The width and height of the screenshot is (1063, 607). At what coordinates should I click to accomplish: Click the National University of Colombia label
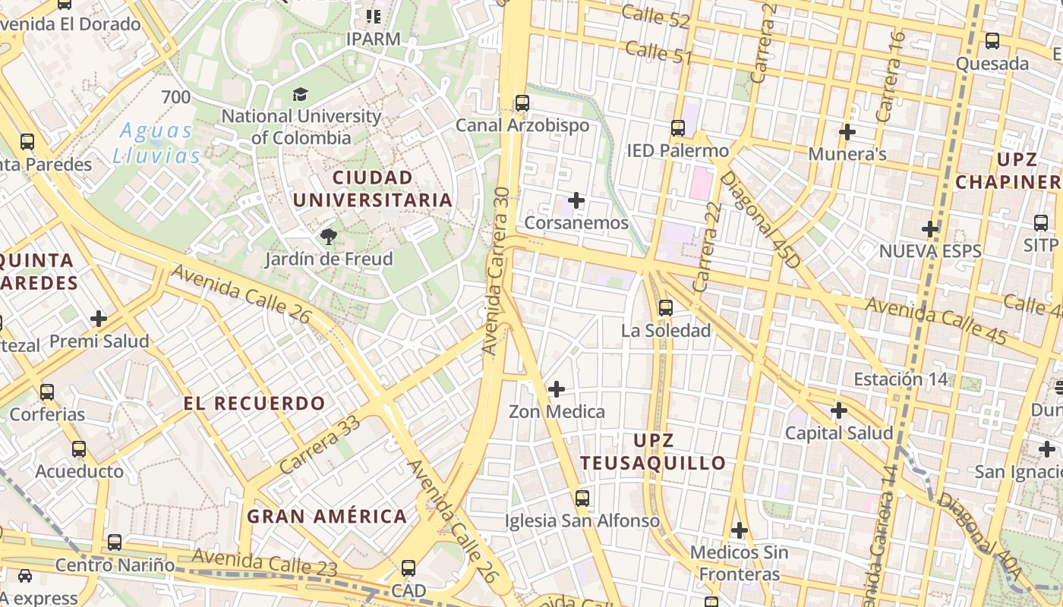pos(301,127)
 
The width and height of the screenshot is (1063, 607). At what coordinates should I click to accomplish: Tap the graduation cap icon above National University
pos(301,95)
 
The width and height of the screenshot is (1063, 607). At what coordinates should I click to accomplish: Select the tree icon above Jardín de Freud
pos(329,237)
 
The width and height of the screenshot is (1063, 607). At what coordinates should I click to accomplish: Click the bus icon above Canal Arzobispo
pos(522,103)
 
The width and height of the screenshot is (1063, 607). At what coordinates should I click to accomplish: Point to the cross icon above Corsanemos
pos(576,200)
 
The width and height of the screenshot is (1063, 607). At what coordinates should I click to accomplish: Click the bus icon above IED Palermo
pos(677,128)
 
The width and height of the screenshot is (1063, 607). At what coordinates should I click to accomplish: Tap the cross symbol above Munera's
pos(847,132)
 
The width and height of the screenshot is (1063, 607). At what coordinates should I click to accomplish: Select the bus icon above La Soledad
pos(666,308)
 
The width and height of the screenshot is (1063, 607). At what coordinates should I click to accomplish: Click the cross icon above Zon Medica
pos(557,389)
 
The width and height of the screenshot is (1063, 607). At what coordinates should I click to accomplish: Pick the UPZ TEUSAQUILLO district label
pos(653,451)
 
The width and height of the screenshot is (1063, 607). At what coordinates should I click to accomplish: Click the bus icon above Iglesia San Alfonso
pos(582,498)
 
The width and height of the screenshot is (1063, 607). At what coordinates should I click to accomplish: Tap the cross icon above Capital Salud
pos(838,411)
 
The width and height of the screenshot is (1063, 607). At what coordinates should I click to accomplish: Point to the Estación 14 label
pos(901,379)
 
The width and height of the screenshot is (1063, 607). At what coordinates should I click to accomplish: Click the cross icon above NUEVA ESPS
pos(930,228)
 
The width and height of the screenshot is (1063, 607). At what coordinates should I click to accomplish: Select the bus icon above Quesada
pos(992,41)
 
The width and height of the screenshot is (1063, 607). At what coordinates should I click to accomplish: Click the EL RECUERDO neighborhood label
pos(254,403)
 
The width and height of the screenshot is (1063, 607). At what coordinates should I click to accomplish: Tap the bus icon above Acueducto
pos(79,449)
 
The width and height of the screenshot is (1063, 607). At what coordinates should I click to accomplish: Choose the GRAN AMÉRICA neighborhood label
pos(327,517)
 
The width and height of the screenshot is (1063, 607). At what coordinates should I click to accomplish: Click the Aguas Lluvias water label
pos(156,143)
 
